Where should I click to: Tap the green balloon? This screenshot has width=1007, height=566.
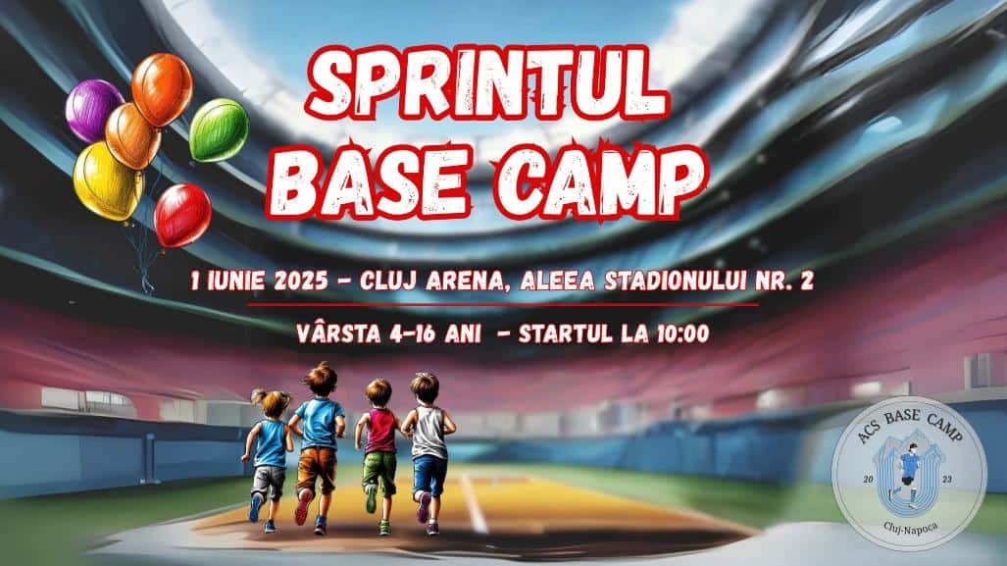219,129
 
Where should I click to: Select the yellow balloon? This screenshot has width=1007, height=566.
107,181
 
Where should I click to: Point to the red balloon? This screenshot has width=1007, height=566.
183,215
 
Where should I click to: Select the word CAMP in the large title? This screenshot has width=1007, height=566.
600,180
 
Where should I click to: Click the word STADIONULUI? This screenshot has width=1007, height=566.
678,281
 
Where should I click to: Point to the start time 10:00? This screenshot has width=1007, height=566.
679,334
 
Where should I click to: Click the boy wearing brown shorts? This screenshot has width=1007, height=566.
317,446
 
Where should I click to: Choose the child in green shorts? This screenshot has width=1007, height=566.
378,454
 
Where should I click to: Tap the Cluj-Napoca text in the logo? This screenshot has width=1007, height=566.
910,527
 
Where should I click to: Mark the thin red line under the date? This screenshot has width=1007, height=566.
503,304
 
